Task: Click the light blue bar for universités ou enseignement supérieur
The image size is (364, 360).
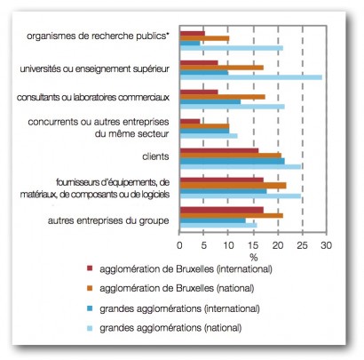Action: click(x=251, y=77)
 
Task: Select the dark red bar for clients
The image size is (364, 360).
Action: click(x=219, y=150)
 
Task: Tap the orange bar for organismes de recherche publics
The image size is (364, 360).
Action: click(x=204, y=38)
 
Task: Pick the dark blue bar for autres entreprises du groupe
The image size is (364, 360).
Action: click(x=212, y=220)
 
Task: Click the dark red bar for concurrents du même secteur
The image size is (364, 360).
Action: click(x=190, y=121)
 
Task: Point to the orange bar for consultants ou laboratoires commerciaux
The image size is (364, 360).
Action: click(x=223, y=97)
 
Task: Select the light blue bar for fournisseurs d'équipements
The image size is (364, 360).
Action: click(x=241, y=196)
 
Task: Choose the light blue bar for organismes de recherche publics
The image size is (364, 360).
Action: click(x=232, y=48)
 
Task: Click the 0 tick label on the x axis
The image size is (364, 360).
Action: click(x=179, y=245)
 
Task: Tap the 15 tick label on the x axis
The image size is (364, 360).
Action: click(x=253, y=245)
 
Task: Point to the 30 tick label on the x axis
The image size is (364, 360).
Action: click(x=327, y=245)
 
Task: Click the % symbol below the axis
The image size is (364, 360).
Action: click(x=254, y=257)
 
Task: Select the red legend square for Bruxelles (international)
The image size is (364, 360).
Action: click(x=90, y=268)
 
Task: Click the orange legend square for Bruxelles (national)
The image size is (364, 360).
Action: click(x=90, y=288)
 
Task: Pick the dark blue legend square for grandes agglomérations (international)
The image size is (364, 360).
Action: click(x=90, y=308)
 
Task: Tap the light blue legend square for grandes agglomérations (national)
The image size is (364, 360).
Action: click(x=90, y=328)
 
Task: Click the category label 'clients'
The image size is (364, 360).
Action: click(x=155, y=156)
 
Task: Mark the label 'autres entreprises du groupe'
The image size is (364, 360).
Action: click(x=108, y=220)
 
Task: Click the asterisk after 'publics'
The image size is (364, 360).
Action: click(x=168, y=33)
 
